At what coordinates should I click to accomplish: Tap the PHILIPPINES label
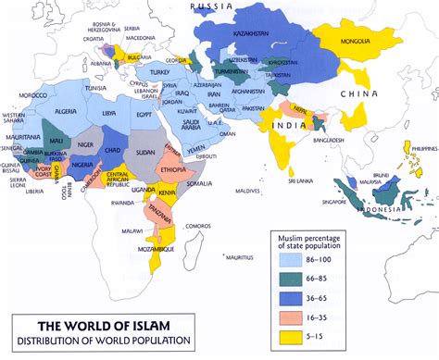(418, 148)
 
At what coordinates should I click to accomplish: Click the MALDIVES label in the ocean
(248, 191)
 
